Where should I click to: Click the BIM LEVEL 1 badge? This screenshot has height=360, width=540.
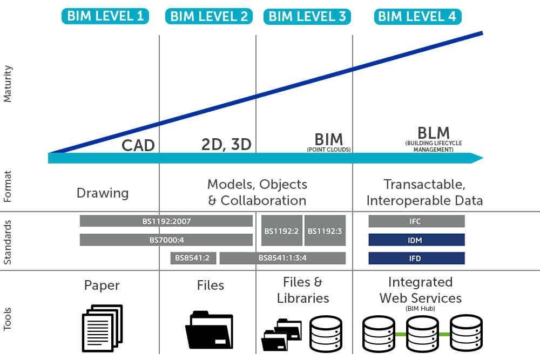(105, 16)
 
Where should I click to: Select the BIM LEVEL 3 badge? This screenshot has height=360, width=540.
(307, 16)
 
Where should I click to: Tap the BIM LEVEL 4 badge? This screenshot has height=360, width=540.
(417, 16)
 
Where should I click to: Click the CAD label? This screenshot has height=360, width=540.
(138, 145)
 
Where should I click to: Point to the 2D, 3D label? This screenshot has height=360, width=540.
(226, 145)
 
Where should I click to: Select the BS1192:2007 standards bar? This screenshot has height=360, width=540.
(166, 221)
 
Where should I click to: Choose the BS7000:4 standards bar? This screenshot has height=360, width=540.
(166, 240)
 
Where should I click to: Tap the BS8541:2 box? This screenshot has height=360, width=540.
(193, 258)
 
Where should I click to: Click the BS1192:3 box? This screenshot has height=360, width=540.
(325, 230)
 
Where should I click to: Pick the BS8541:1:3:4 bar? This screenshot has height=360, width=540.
(282, 258)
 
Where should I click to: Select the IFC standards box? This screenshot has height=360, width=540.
(416, 221)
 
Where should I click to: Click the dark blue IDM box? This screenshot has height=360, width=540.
(416, 240)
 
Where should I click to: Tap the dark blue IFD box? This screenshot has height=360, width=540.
(416, 258)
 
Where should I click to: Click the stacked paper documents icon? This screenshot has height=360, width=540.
(102, 328)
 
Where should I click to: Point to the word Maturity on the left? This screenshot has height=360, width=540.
(8, 84)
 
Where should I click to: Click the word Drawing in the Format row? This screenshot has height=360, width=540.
(103, 193)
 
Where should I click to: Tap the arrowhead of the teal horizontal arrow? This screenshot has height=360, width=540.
(477, 158)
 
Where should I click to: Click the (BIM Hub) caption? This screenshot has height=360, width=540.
(420, 308)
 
